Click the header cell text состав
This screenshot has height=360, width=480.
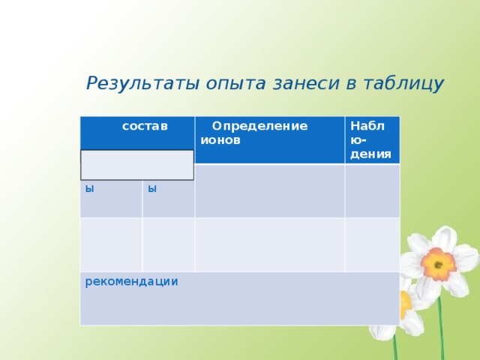(145, 125)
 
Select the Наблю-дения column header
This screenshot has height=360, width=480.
(370, 139)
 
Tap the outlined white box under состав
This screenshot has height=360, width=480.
(137, 164)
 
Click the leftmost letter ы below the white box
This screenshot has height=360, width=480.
(89, 188)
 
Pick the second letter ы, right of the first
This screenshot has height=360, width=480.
(152, 188)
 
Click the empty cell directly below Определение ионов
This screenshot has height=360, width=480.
(269, 190)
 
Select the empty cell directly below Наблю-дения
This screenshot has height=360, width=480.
(372, 190)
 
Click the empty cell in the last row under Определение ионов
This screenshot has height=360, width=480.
(269, 244)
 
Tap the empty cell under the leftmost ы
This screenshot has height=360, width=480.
(111, 244)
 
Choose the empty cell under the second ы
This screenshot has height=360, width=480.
(169, 244)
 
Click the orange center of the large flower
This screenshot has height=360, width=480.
(437, 263)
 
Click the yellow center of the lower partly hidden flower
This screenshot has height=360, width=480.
(406, 304)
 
